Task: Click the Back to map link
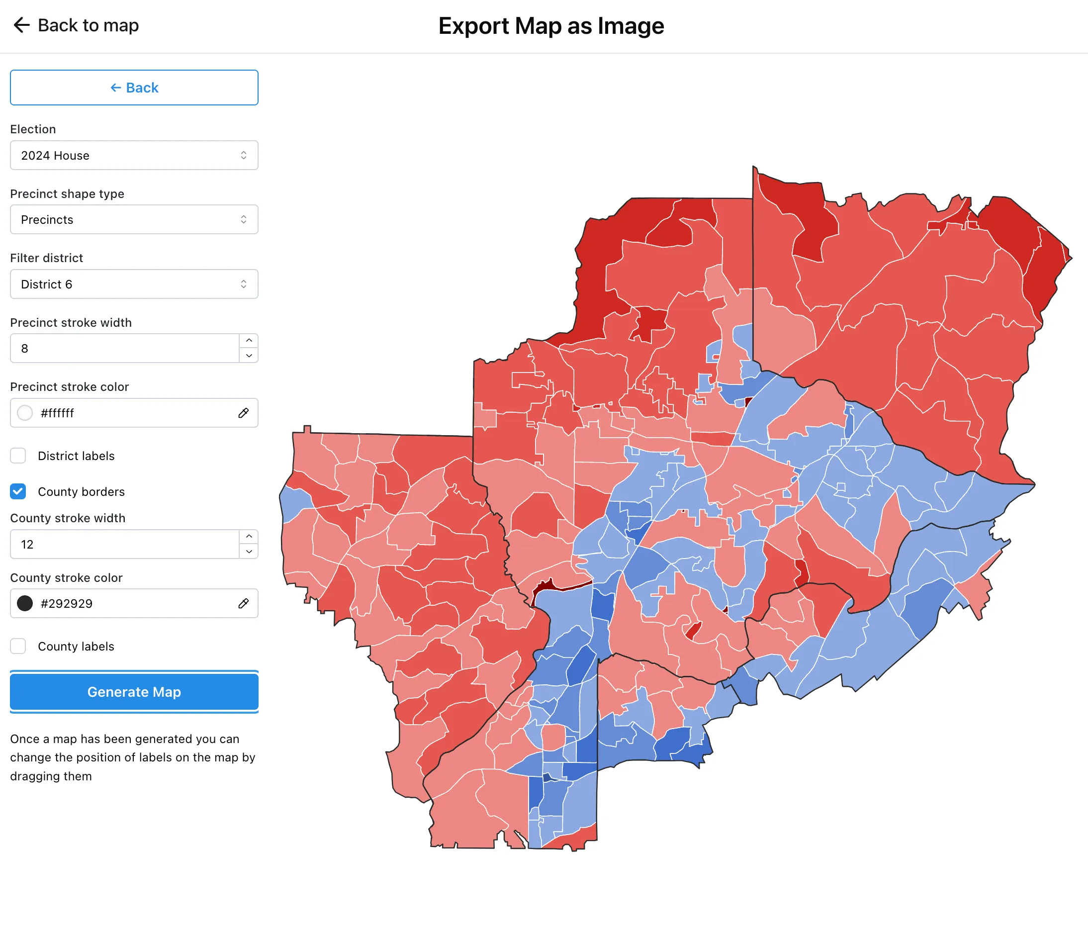click(76, 25)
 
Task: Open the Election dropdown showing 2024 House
click(134, 156)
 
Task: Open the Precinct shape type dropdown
click(134, 219)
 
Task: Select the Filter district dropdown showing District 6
click(134, 284)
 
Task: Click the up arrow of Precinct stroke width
click(249, 341)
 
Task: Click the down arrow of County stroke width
click(249, 552)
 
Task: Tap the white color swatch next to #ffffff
click(25, 413)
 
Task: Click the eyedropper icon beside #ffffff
click(243, 413)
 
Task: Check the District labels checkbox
click(18, 456)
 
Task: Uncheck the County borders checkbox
click(18, 491)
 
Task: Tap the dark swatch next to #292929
click(25, 603)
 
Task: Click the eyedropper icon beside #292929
click(243, 603)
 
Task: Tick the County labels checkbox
click(18, 646)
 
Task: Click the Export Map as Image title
click(551, 26)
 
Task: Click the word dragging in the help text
click(50, 776)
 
